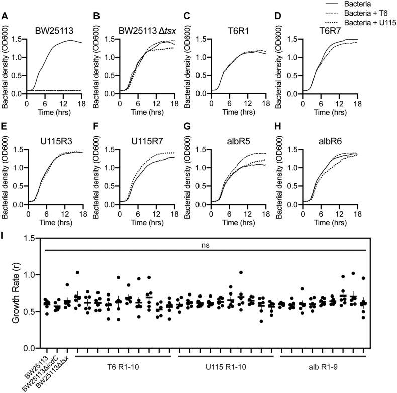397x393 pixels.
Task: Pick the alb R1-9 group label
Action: tap(322, 366)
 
